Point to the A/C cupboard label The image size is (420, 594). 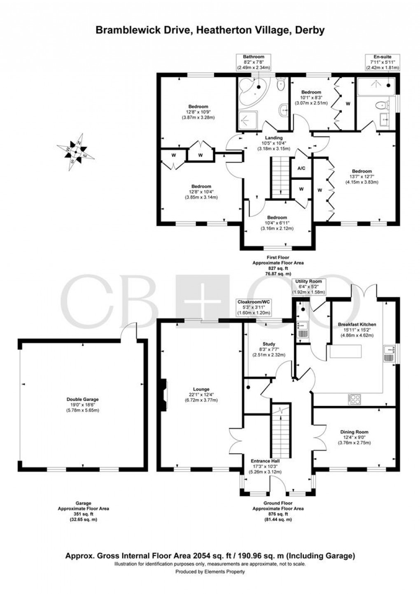click(x=301, y=169)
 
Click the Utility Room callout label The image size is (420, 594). click(x=308, y=281)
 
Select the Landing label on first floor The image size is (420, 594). click(x=273, y=137)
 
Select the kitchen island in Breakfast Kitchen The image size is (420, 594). click(x=345, y=351)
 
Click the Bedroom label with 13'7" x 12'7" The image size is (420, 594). click(x=362, y=171)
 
